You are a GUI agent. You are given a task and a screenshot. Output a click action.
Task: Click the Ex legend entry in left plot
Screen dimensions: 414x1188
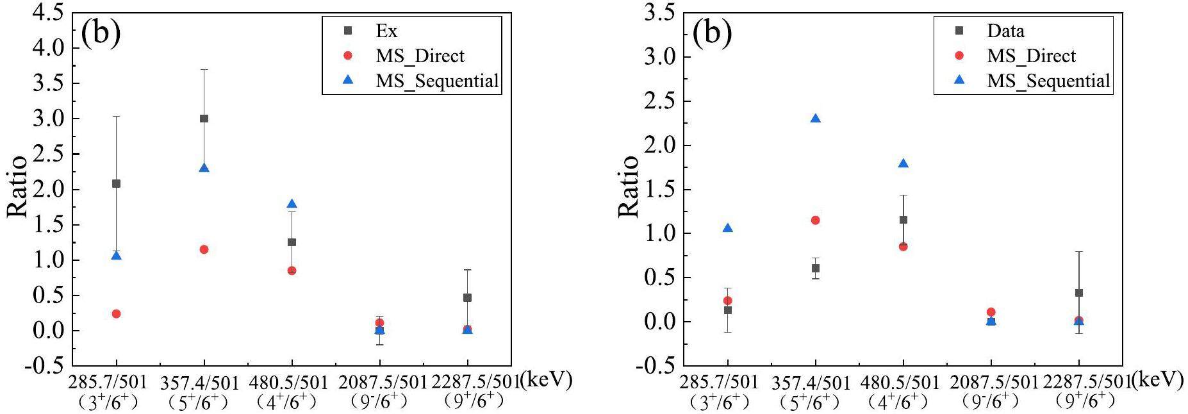(386, 31)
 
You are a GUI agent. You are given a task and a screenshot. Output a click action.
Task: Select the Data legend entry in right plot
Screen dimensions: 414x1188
(1005, 31)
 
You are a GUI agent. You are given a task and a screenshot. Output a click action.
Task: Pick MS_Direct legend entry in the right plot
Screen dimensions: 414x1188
(1031, 56)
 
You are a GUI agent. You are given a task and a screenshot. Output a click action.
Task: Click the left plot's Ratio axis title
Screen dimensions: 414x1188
(17, 186)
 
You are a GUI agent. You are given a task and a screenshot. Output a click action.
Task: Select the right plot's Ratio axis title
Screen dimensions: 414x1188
(629, 186)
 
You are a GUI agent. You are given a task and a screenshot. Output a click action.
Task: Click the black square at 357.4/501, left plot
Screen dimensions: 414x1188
(204, 119)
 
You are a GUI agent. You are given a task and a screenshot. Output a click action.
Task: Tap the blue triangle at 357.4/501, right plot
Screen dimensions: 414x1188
(816, 119)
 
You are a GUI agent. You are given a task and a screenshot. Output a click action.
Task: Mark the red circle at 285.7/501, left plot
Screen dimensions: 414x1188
(116, 314)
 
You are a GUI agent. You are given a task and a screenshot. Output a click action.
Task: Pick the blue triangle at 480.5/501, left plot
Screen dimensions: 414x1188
(292, 204)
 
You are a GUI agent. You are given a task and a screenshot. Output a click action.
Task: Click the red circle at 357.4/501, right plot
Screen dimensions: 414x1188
(816, 220)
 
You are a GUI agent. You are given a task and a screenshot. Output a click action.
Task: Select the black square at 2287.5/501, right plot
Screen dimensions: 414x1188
(1079, 293)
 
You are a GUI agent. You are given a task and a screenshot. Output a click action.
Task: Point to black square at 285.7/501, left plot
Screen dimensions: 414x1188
(116, 184)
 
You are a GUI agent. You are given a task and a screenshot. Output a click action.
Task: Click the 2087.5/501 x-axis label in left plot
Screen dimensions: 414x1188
(380, 383)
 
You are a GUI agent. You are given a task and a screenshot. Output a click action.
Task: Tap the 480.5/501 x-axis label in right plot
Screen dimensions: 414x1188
(903, 383)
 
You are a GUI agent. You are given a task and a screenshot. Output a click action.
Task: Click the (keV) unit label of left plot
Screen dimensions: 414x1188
(546, 380)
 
